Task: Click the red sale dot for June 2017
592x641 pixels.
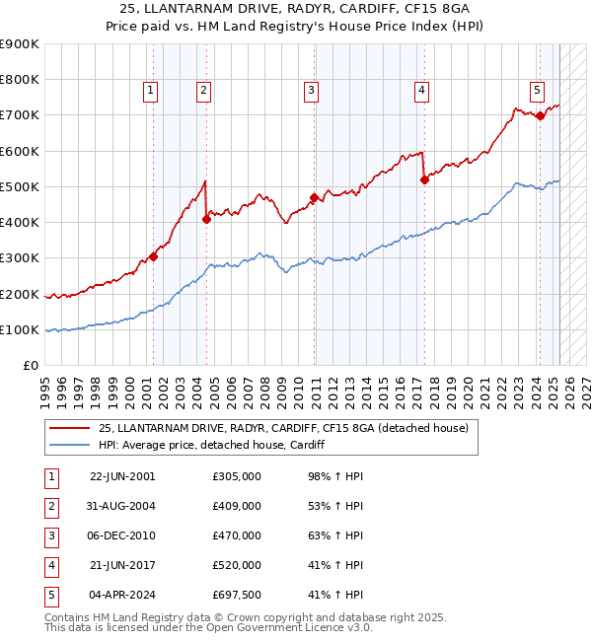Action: pyautogui.click(x=424, y=179)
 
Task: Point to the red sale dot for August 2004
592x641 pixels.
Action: pyautogui.click(x=206, y=219)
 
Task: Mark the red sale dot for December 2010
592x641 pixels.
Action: pyautogui.click(x=314, y=197)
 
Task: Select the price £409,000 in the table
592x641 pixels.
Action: pyautogui.click(x=237, y=507)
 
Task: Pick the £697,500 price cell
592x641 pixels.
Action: pyautogui.click(x=237, y=596)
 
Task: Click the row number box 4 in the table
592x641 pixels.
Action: pyautogui.click(x=51, y=566)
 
